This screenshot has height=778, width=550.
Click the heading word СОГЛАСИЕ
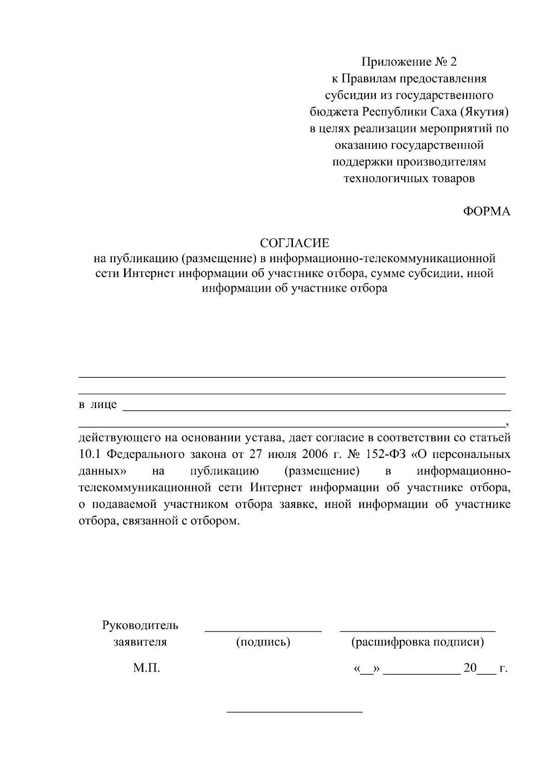tap(295, 242)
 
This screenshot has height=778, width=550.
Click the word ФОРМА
tap(486, 211)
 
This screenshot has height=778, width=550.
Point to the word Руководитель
tap(140, 625)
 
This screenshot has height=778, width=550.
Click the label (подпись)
tap(263, 642)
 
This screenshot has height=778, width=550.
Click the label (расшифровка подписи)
tap(418, 642)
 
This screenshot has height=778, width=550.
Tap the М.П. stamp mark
tap(147, 668)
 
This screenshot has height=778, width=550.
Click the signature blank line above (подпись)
tap(263, 632)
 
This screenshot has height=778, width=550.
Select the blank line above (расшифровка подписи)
tap(418, 632)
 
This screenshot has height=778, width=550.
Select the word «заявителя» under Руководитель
tap(140, 642)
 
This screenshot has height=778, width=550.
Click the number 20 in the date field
tap(470, 668)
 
